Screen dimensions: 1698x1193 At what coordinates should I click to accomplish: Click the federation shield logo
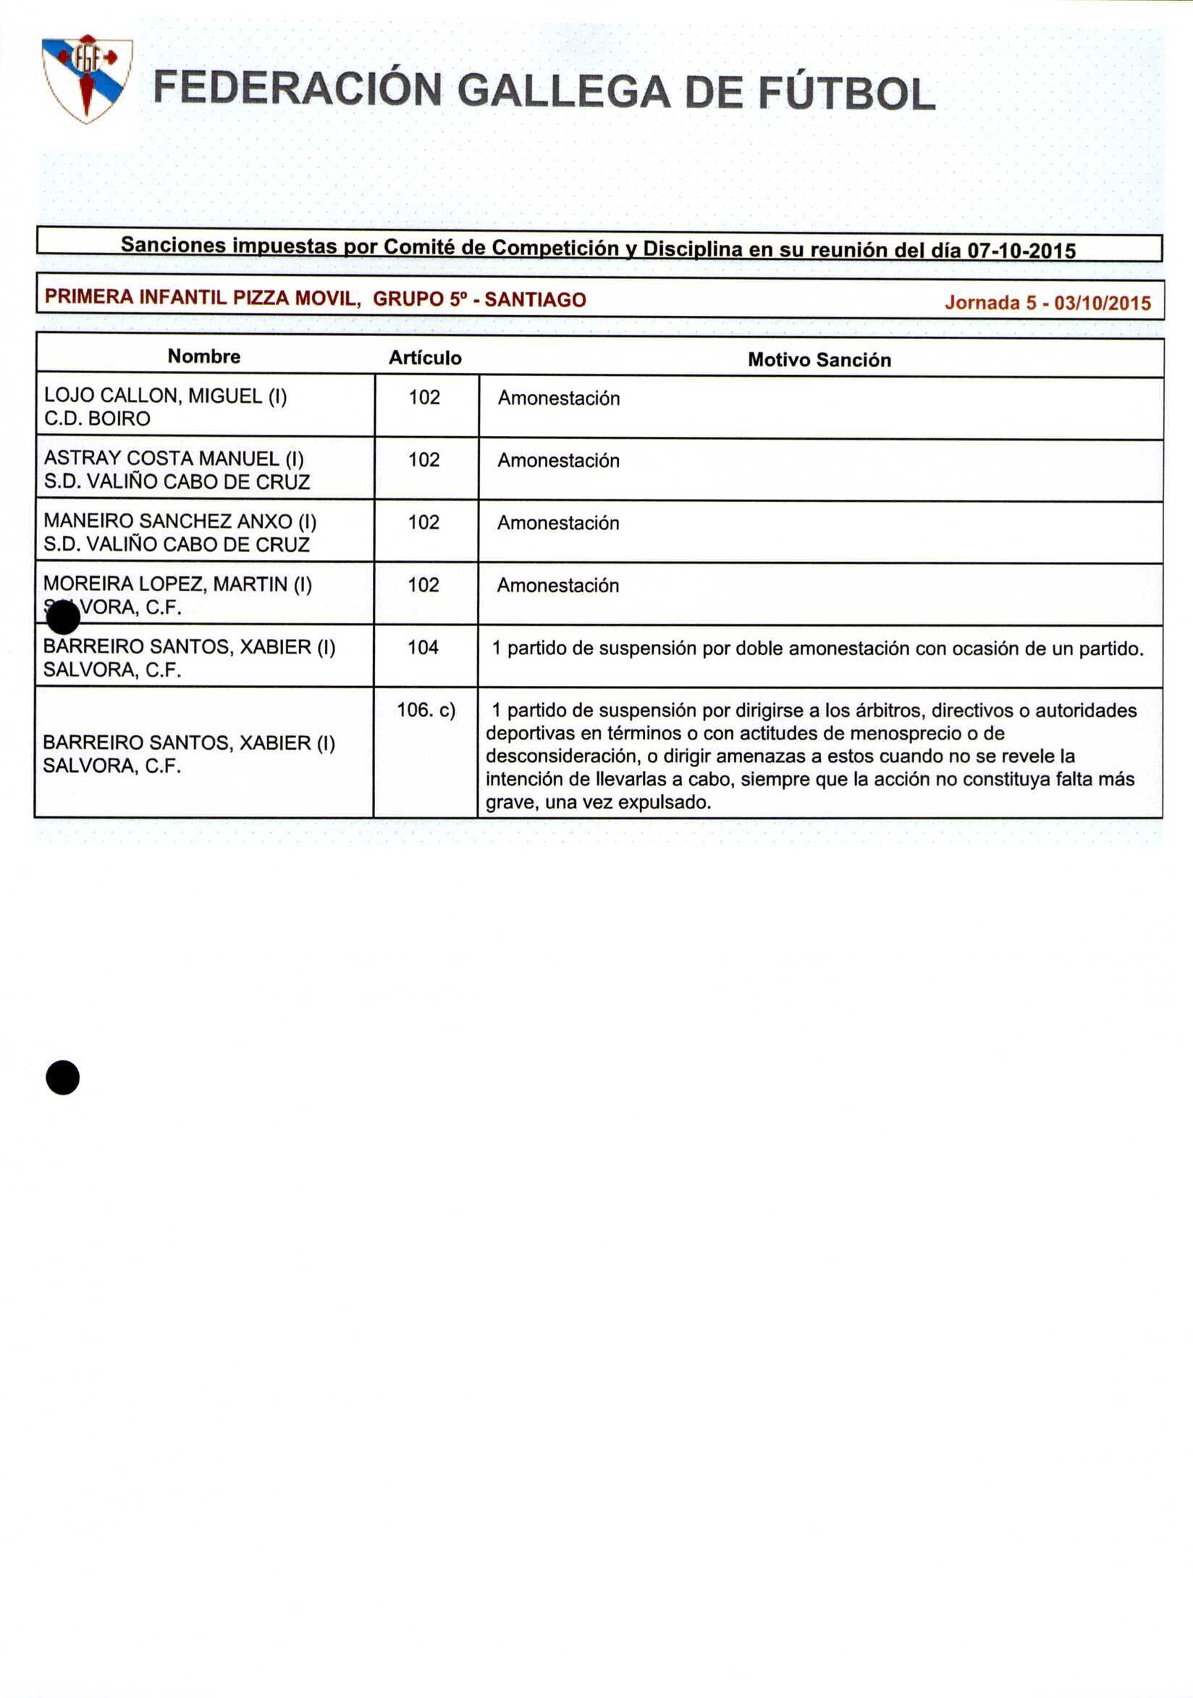(x=86, y=78)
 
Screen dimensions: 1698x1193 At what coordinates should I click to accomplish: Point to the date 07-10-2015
(x=1021, y=251)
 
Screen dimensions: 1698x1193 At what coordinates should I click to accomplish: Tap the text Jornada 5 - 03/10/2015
(x=1047, y=303)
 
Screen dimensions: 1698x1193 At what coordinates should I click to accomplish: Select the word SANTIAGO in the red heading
(x=535, y=299)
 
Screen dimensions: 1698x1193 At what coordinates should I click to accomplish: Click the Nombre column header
(x=204, y=356)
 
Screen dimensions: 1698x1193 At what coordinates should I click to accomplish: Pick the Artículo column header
(x=425, y=358)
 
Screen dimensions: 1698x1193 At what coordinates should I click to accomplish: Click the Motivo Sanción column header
(x=819, y=360)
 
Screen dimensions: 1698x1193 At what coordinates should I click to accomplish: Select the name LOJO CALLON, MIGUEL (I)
(x=166, y=396)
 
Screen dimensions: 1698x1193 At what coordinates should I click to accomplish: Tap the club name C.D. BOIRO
(x=98, y=419)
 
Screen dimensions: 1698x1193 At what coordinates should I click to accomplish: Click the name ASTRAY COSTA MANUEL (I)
(x=174, y=459)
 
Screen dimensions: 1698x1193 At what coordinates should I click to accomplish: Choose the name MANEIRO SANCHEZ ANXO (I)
(x=180, y=522)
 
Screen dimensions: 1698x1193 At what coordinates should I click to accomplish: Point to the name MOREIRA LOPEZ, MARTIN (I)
(x=177, y=585)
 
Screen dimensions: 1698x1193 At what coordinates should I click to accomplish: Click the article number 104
(x=423, y=647)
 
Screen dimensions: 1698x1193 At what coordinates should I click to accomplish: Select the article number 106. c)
(x=426, y=710)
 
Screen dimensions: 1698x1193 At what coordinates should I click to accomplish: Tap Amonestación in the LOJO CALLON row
(x=559, y=398)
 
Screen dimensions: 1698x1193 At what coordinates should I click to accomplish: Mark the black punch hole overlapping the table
(x=63, y=617)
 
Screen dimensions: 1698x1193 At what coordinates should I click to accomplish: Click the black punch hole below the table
(x=63, y=1076)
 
